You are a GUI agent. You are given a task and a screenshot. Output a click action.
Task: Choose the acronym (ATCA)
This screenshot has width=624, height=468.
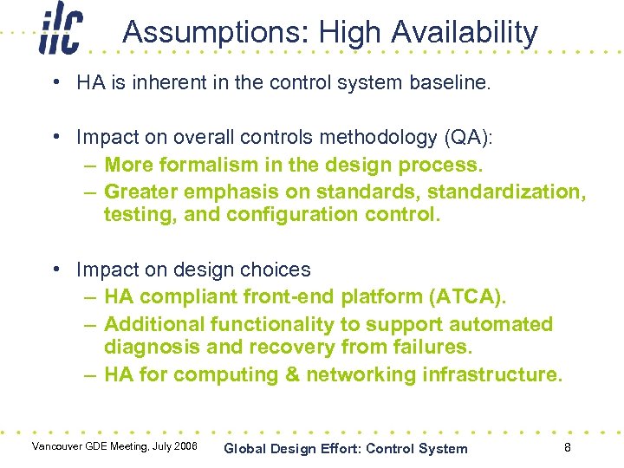tap(467, 297)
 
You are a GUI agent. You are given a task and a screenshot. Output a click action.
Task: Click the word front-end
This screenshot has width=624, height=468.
tap(288, 297)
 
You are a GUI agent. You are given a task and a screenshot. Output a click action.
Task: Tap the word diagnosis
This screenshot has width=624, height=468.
tap(149, 348)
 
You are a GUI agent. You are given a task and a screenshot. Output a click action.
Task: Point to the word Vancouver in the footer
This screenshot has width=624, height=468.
tap(59, 446)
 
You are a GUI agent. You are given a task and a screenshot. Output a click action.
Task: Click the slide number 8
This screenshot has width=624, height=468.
tap(567, 447)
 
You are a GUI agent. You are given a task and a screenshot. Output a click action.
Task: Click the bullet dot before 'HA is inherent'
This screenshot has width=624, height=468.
tap(55, 84)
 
